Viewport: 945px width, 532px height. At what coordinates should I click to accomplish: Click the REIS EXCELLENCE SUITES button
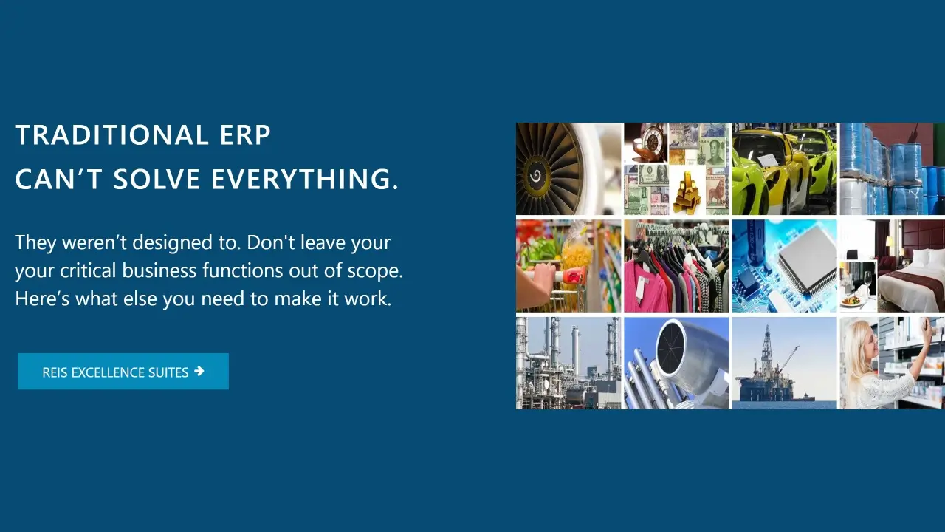point(123,371)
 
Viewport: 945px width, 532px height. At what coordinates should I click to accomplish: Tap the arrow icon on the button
point(199,371)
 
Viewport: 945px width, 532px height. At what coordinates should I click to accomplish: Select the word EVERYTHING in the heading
point(304,179)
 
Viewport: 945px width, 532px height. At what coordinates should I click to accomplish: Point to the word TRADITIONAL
point(111,135)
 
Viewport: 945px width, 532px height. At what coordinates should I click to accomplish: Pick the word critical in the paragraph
point(87,270)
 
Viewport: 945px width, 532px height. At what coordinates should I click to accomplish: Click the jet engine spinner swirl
point(536,175)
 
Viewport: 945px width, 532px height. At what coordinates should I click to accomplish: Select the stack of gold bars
point(687,193)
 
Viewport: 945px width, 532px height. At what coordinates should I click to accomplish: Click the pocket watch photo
point(646,143)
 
